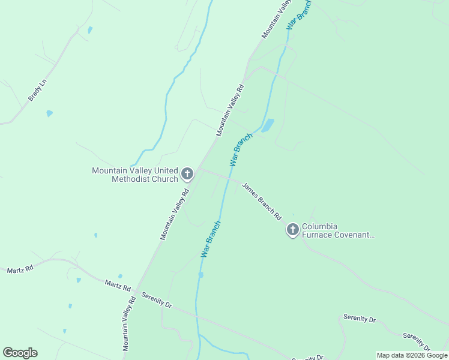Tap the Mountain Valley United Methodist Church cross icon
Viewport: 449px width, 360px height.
(x=187, y=175)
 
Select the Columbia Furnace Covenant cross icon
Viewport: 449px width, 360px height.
(x=292, y=230)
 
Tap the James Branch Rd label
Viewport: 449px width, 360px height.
(x=262, y=201)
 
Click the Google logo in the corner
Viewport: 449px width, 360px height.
(x=20, y=353)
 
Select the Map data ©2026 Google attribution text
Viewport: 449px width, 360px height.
(x=412, y=355)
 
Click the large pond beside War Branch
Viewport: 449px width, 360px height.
(x=268, y=125)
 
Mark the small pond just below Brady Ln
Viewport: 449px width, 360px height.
(x=49, y=113)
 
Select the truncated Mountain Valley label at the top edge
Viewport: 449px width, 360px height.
(x=276, y=19)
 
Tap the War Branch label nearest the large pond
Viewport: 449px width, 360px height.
(x=241, y=149)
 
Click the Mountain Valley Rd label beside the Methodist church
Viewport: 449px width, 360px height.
(x=175, y=214)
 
